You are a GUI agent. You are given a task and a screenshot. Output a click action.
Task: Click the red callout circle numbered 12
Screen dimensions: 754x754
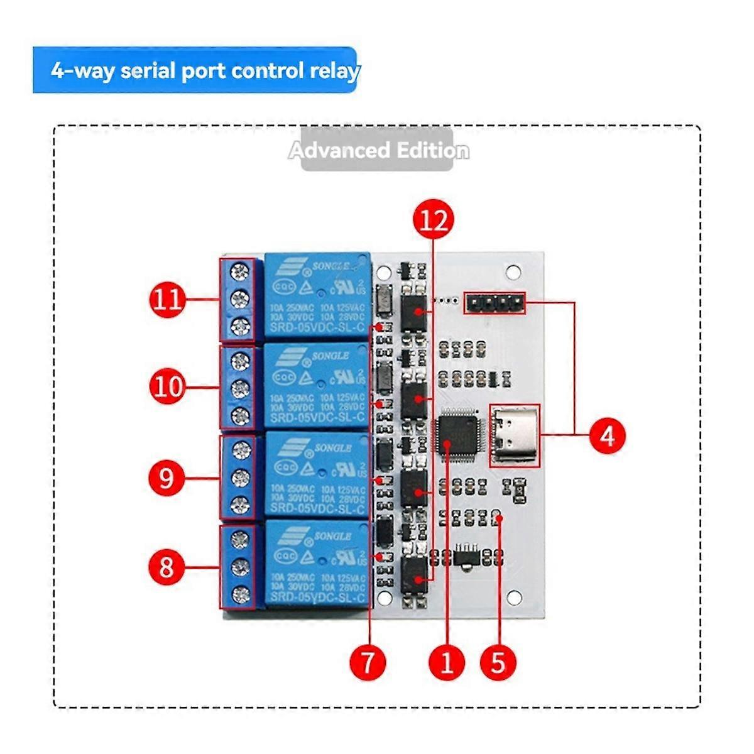(434, 220)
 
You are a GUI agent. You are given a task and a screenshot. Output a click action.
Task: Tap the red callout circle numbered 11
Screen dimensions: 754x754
(168, 299)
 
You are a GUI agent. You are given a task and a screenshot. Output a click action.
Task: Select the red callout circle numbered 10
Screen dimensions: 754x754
(168, 387)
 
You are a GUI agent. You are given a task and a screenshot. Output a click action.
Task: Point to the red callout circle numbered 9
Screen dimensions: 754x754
(167, 478)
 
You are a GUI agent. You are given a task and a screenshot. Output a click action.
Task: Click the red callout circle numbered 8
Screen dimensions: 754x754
(167, 567)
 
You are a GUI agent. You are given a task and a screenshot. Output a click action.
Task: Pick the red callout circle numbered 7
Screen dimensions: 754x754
(368, 661)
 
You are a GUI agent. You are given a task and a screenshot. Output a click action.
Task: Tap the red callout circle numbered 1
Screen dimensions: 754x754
(447, 662)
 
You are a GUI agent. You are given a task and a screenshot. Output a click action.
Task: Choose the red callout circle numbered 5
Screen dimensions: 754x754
(498, 662)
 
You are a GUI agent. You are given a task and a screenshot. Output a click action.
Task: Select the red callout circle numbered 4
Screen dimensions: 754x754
(607, 435)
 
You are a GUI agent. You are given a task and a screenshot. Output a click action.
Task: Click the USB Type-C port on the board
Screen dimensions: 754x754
(515, 435)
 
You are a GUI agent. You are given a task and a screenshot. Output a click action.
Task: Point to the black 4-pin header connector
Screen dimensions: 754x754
(494, 303)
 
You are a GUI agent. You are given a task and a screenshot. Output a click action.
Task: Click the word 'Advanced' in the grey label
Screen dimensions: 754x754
(339, 151)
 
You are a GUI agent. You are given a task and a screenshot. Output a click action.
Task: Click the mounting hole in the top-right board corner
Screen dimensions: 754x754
(514, 271)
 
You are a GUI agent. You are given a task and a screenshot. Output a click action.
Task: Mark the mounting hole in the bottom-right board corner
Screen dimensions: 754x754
(515, 596)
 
